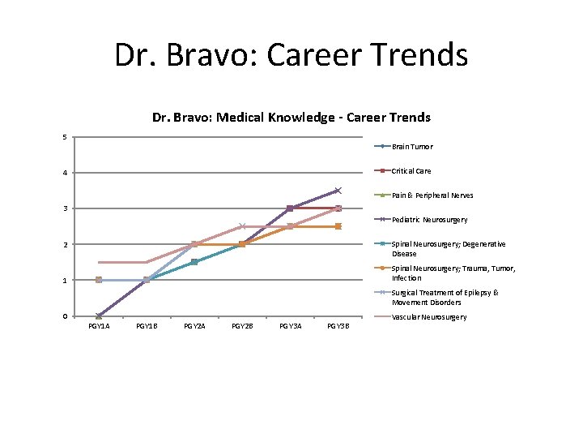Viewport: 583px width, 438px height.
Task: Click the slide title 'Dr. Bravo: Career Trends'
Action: point(291,55)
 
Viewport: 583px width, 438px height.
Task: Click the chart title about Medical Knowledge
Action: point(291,118)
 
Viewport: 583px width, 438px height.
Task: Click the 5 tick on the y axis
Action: point(65,136)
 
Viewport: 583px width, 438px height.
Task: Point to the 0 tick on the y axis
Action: point(65,316)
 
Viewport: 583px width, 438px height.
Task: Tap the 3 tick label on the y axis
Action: point(65,208)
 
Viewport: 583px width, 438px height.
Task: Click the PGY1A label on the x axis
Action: point(99,326)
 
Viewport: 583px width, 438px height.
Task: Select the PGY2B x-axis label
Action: point(242,326)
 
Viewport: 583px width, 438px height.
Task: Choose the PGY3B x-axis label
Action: point(338,326)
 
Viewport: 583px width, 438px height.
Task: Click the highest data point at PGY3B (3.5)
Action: point(338,191)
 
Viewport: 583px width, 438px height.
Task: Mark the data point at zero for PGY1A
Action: point(99,316)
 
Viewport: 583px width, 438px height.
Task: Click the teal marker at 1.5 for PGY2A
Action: point(194,262)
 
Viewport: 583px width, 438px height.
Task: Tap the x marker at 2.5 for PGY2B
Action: point(242,226)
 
